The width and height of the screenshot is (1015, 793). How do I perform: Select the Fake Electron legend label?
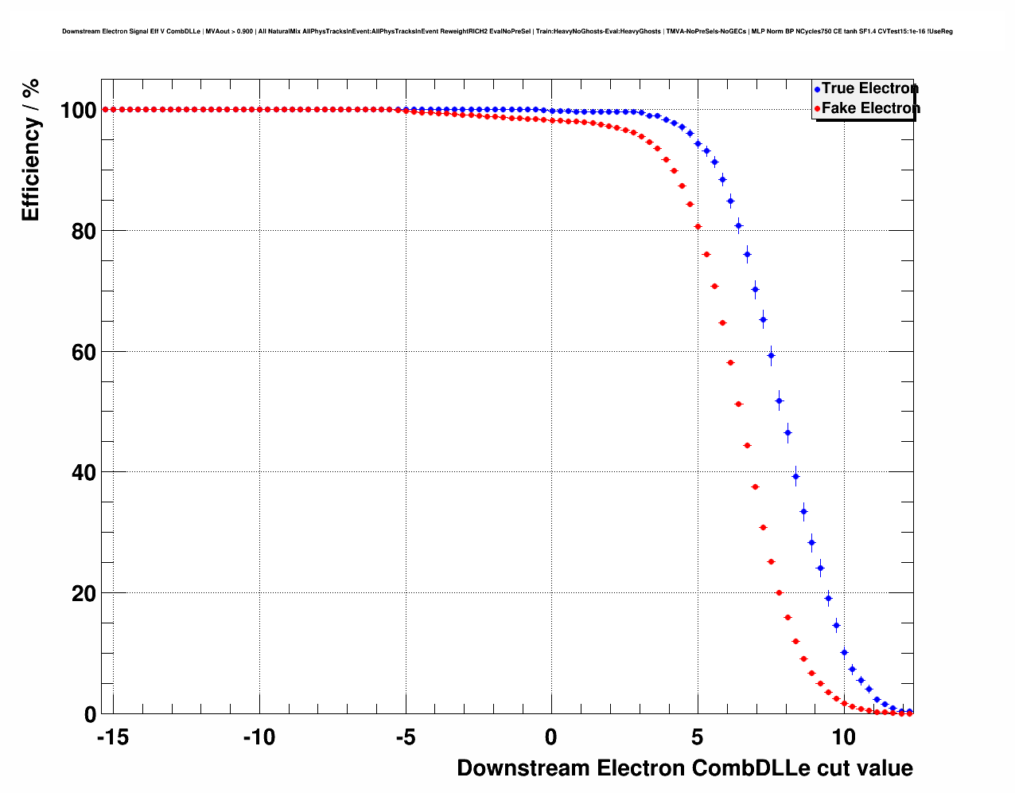click(x=870, y=108)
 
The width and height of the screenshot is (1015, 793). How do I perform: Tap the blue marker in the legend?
click(x=817, y=89)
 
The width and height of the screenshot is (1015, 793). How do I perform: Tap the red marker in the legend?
click(x=817, y=109)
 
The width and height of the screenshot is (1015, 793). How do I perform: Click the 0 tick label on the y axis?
click(x=90, y=715)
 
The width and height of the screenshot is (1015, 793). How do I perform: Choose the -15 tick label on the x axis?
click(x=113, y=737)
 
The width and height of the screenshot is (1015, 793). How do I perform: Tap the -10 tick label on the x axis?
click(x=259, y=737)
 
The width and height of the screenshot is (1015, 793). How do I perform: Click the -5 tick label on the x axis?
click(x=405, y=737)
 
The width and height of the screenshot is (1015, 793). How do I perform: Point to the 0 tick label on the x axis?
click(x=551, y=737)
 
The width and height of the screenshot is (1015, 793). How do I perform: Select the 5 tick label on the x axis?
click(x=698, y=737)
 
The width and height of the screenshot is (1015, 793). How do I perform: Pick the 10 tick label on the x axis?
click(x=844, y=737)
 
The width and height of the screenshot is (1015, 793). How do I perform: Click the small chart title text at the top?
click(x=507, y=31)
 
